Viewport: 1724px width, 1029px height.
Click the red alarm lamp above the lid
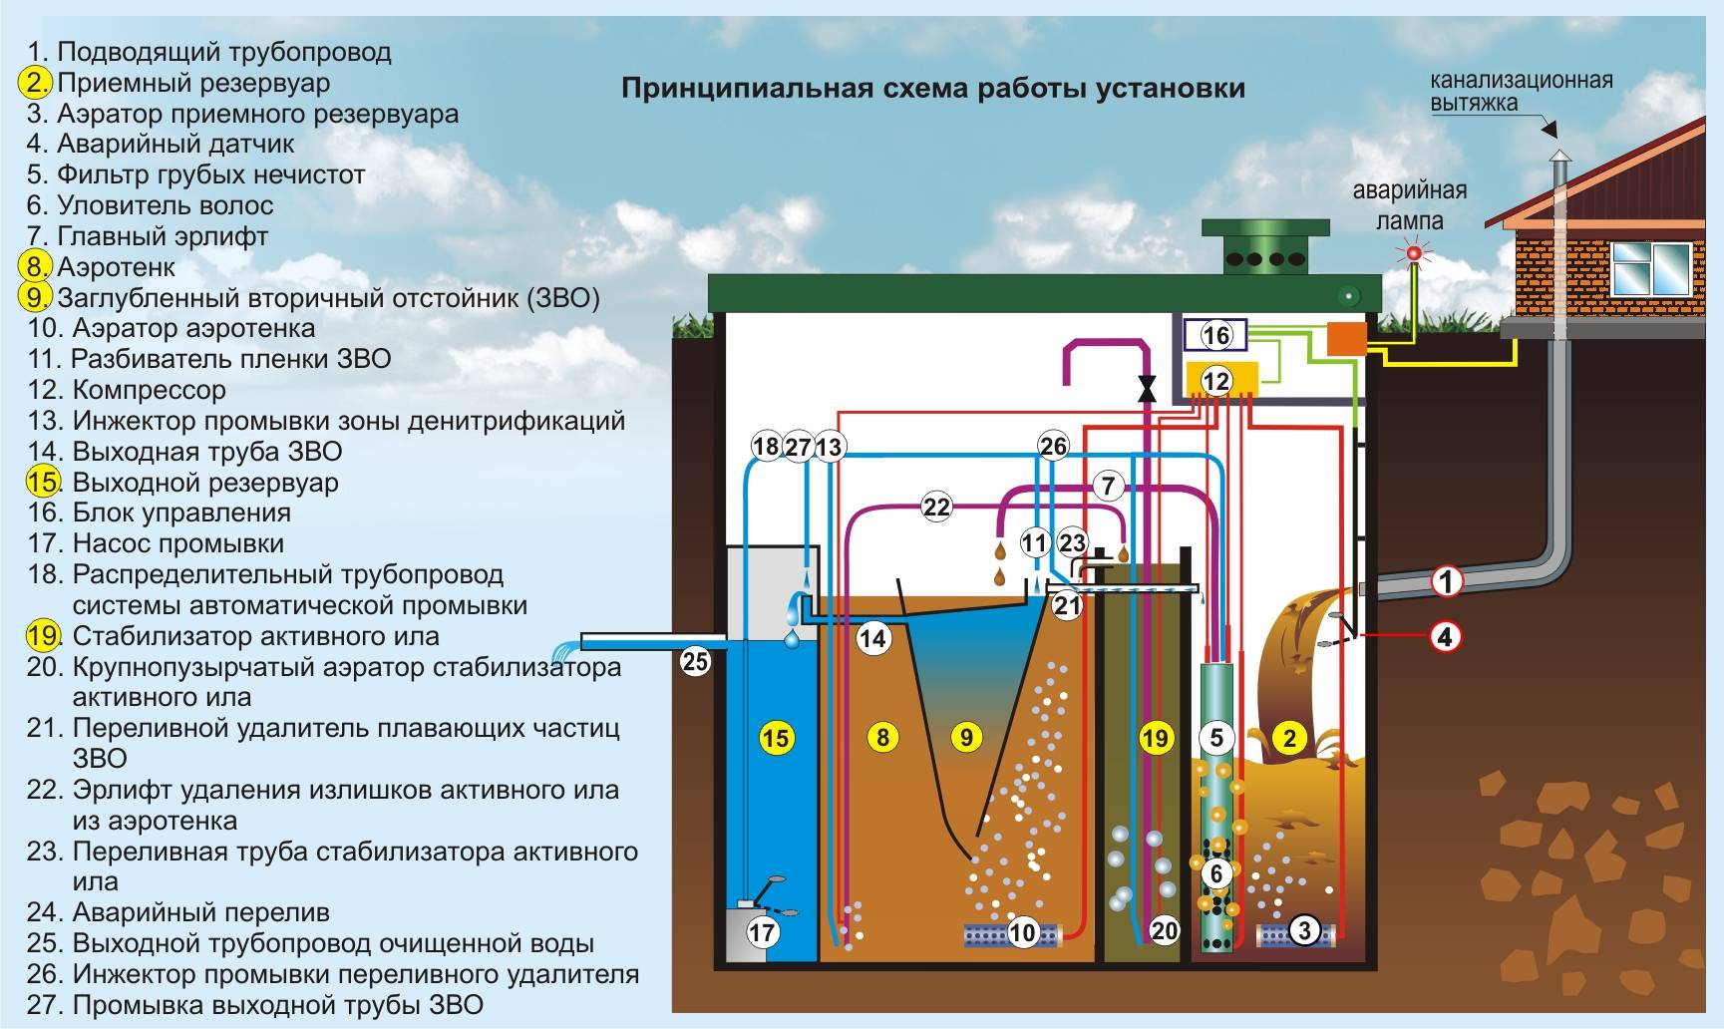pos(1413,254)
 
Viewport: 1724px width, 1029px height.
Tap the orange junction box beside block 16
pos(1346,338)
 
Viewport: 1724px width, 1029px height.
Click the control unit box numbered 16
pos(1215,335)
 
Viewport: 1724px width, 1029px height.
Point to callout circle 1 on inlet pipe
pos(1447,580)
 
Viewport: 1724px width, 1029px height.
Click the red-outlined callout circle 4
pos(1446,636)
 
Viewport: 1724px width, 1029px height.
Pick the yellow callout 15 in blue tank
pos(776,738)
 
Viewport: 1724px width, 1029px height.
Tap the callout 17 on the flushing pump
pos(763,933)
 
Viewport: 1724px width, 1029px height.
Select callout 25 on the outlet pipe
pos(695,660)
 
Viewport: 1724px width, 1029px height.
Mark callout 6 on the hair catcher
pos(1216,874)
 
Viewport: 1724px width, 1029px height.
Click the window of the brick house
pos(1650,267)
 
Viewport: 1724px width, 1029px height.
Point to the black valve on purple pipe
pos(1148,387)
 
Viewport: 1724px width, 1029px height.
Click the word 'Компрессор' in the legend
pos(150,390)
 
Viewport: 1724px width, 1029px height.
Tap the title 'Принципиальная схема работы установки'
pos(932,88)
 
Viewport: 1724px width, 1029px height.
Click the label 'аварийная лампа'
pos(1409,204)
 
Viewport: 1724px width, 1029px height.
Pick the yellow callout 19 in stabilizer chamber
pos(1155,738)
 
